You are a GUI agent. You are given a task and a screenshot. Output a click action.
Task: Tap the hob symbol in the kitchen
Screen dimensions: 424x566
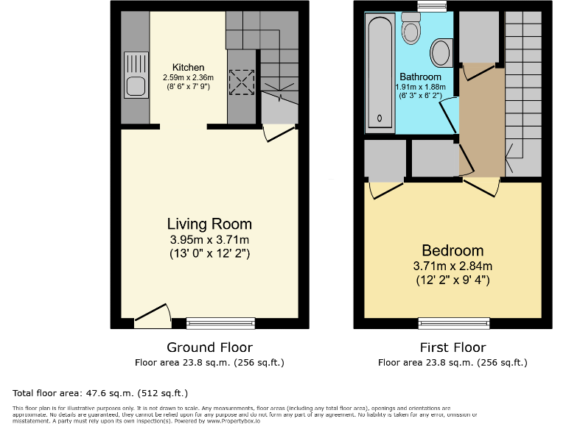coord(241,81)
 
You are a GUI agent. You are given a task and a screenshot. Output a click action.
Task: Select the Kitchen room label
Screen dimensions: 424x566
coord(188,68)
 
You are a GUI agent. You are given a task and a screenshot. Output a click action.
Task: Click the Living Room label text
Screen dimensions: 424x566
coord(209,224)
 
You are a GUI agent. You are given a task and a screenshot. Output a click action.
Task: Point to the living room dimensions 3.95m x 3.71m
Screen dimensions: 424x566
coord(209,240)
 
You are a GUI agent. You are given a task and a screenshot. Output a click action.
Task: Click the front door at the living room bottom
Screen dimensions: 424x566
coord(153,317)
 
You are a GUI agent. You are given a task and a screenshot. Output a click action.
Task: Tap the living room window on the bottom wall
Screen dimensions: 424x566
coord(220,322)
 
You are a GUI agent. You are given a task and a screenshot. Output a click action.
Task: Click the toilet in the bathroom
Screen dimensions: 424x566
coord(410,29)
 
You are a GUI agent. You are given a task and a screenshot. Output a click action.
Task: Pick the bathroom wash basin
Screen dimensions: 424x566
coord(441,53)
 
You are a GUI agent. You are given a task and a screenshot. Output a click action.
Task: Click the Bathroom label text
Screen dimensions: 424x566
coord(420,77)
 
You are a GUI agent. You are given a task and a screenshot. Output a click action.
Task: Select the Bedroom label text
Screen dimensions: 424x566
coord(452,250)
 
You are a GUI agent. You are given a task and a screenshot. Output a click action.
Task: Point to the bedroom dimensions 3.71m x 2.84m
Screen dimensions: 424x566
coord(452,266)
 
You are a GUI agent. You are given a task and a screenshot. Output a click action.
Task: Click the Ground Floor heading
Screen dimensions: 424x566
coord(209,347)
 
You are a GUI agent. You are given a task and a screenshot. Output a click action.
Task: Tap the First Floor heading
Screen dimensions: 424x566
coord(453,347)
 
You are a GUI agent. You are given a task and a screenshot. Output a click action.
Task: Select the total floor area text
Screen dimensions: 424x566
coord(101,393)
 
